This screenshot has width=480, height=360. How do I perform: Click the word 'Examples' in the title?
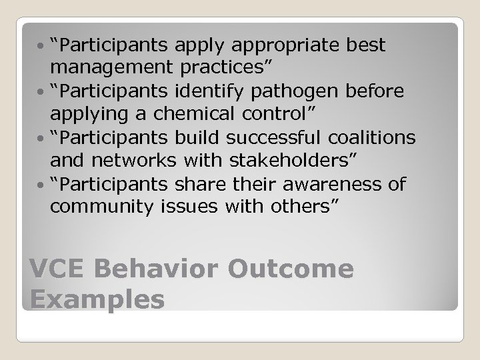(x=97, y=299)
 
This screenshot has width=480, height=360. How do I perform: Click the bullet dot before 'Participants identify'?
(x=42, y=92)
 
